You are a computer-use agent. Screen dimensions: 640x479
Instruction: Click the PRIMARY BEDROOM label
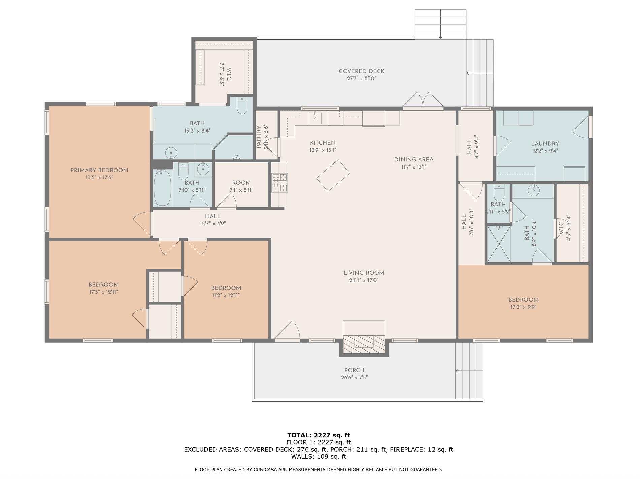pyautogui.click(x=99, y=170)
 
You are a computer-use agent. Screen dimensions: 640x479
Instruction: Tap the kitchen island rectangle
pyautogui.click(x=333, y=176)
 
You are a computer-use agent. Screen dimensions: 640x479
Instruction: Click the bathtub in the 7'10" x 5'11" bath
pyautogui.click(x=162, y=187)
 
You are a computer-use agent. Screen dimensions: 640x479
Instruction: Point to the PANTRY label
pyautogui.click(x=259, y=137)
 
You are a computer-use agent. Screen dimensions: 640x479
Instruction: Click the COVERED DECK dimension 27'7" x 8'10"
pyautogui.click(x=361, y=79)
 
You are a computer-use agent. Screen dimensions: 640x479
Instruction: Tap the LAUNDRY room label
pyautogui.click(x=545, y=144)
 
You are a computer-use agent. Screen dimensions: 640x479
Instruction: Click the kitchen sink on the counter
pyautogui.click(x=315, y=118)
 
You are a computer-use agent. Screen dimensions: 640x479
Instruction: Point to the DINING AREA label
pyautogui.click(x=414, y=160)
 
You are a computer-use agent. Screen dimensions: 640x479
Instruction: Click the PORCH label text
pyautogui.click(x=354, y=370)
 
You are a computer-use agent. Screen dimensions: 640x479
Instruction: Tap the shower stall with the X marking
pyautogui.click(x=499, y=244)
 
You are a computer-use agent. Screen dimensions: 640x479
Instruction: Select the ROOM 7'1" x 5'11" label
pyautogui.click(x=241, y=186)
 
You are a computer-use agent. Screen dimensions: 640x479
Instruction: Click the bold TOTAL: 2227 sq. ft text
pyautogui.click(x=318, y=435)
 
